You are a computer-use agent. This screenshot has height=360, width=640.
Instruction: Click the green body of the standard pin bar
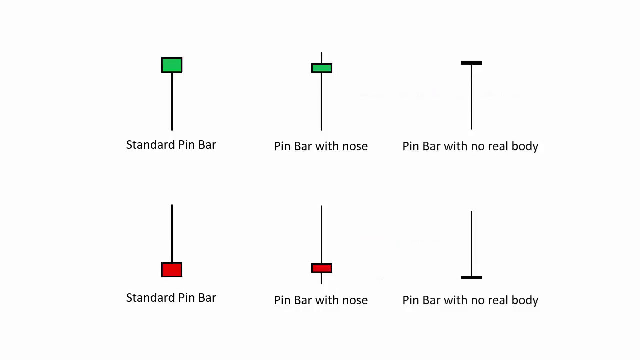pos(172,65)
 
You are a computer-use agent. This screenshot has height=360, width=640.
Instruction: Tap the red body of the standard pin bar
pos(172,270)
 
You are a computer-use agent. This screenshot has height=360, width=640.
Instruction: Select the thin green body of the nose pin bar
pos(322,68)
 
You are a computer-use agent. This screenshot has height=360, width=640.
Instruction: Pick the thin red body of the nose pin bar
pos(322,268)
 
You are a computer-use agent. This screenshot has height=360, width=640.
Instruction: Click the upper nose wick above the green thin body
pos(321,58)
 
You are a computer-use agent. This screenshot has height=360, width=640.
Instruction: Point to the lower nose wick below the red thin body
pos(321,278)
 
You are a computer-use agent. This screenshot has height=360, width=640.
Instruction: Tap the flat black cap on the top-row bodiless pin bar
pos(471,63)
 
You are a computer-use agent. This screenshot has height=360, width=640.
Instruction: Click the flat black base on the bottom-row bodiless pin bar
pos(471,277)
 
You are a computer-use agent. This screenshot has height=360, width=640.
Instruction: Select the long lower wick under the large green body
pos(172,101)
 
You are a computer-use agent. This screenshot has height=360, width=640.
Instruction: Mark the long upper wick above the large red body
pos(172,233)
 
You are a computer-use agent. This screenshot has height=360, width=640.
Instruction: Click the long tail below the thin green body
pos(321,101)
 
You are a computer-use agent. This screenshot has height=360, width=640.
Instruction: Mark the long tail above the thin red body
pos(321,235)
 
